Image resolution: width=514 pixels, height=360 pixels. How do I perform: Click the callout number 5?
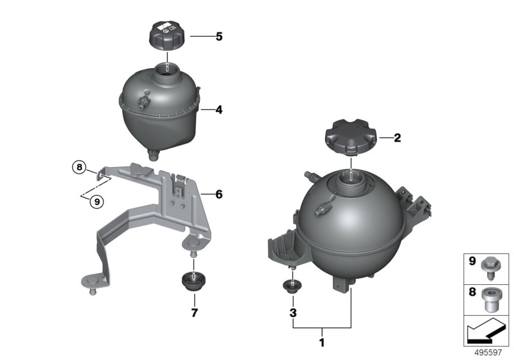pyautogui.click(x=219, y=37)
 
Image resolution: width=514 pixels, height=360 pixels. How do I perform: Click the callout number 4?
pyautogui.click(x=219, y=110)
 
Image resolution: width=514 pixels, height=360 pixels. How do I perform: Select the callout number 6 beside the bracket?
pyautogui.click(x=219, y=194)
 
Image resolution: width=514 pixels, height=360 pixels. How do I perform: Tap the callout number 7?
pyautogui.click(x=195, y=313)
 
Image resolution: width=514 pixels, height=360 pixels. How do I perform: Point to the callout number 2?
pyautogui.click(x=397, y=138)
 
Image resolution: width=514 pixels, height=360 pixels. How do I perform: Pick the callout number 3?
pyautogui.click(x=293, y=313)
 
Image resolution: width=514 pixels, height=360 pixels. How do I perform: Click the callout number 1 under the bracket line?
pyautogui.click(x=322, y=343)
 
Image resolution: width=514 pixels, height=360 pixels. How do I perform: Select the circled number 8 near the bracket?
pyautogui.click(x=79, y=168)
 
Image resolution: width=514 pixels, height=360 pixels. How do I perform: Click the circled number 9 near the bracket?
pyautogui.click(x=97, y=202)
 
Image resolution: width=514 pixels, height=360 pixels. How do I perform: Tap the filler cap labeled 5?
pyautogui.click(x=167, y=37)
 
